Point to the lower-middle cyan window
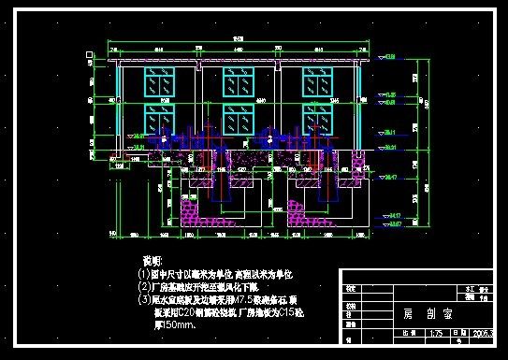click(238, 119)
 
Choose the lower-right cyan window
click(316, 119)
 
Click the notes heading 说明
click(151, 258)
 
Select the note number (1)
click(144, 274)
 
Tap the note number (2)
click(144, 287)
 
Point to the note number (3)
click(144, 300)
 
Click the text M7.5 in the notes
click(246, 300)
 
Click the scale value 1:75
click(435, 333)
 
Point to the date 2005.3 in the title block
click(485, 333)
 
